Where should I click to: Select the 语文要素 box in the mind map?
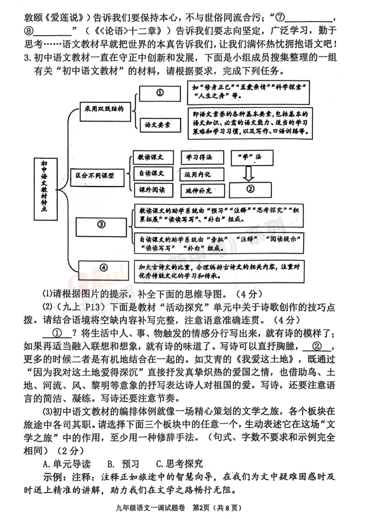[x=160, y=124]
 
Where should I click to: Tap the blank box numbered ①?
[x=160, y=93]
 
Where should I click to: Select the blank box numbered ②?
[x=250, y=189]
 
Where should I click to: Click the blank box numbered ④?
[x=104, y=267]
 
